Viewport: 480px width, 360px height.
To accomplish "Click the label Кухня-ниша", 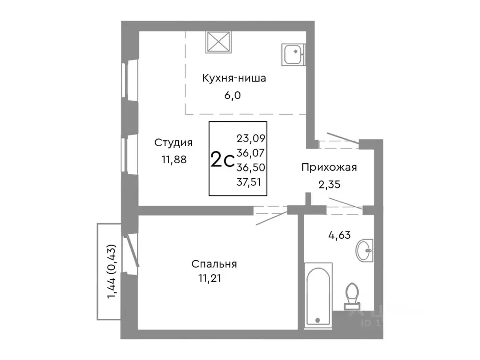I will point(234,78).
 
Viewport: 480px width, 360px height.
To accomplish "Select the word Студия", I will point(174,142).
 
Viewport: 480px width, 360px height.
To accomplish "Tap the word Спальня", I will point(214,264).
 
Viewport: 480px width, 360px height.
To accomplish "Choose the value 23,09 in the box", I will point(251,138).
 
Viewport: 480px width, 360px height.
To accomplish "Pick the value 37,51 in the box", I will point(251,180).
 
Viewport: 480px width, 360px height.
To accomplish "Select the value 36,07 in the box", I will point(251,152).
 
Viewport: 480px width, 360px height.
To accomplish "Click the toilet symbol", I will point(352,295).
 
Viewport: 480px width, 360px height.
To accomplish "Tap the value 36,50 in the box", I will point(251,166).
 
